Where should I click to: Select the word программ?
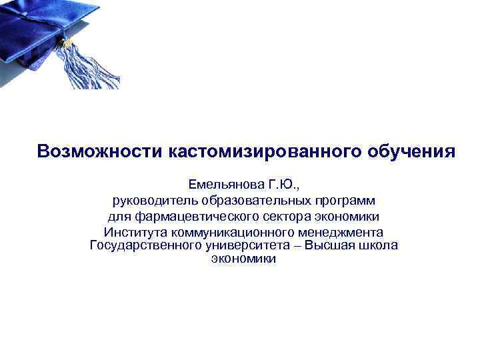pos(345,201)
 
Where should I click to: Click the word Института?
pos(135,233)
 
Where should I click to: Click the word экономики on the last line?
pos(243,259)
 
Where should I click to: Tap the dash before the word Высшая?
pos(298,246)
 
